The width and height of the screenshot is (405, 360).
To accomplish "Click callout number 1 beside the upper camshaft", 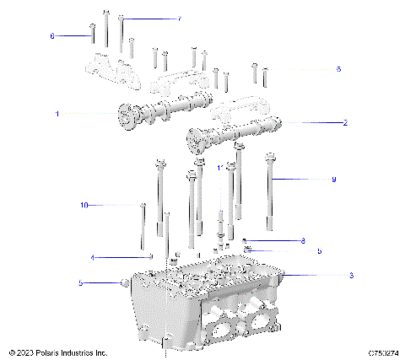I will (x=57, y=113).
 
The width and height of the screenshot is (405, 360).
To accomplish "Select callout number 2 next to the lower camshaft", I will (x=345, y=123).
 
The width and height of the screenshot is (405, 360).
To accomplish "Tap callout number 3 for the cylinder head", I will (x=351, y=276).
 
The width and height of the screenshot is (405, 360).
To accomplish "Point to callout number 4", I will (x=94, y=257).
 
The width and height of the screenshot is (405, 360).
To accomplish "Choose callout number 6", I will (x=52, y=36).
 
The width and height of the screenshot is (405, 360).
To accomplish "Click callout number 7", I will (x=178, y=18).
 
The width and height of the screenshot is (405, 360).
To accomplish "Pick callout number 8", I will (x=302, y=241).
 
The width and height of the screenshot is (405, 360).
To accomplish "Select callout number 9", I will (x=333, y=180).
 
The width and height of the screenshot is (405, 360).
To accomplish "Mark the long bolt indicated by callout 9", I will (x=270, y=190).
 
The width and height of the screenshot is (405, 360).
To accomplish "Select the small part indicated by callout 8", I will (x=245, y=241).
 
